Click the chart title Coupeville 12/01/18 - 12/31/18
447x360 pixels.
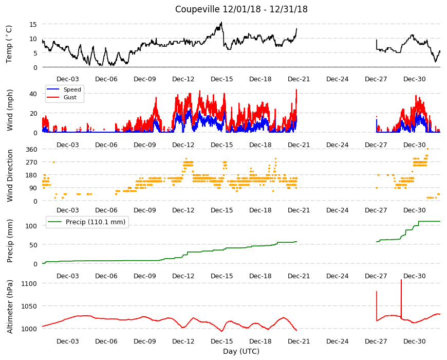(241, 9)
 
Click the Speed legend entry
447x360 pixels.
(64, 89)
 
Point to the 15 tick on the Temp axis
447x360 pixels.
(33, 25)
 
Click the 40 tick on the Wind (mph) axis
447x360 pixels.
(33, 94)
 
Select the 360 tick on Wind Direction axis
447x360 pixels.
(31, 150)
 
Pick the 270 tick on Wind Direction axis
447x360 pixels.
(31, 163)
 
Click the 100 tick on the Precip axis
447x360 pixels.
(31, 226)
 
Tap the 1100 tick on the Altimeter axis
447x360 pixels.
(29, 283)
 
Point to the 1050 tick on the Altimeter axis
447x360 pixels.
(29, 307)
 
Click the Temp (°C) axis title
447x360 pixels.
(9, 44)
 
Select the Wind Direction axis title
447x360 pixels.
(10, 175)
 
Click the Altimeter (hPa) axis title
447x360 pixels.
(10, 307)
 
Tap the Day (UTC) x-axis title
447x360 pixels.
(241, 351)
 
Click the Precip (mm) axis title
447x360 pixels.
(10, 241)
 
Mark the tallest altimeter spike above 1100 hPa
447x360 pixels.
(401, 280)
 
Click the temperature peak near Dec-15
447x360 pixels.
(221, 23)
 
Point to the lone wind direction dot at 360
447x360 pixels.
(427, 149)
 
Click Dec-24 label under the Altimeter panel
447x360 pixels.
(337, 341)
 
